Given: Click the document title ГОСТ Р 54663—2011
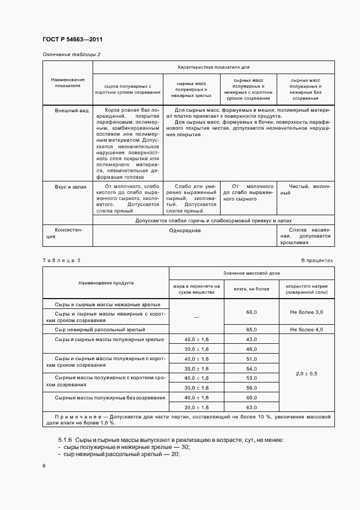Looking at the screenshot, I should [72, 40].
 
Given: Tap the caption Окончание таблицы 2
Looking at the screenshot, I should [71, 54].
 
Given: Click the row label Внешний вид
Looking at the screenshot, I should [71, 110].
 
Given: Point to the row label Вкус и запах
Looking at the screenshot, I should [70, 187].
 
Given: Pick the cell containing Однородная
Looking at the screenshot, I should [185, 230].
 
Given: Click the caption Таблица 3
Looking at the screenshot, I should [61, 260].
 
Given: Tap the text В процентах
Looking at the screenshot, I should [317, 260].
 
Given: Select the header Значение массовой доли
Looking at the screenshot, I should [251, 272].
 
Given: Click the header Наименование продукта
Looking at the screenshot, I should [106, 283].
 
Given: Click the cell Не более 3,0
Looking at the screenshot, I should [307, 312].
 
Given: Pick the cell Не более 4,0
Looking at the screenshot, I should [307, 330].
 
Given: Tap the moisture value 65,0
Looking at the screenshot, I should [251, 330].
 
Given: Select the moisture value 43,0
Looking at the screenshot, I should [251, 339].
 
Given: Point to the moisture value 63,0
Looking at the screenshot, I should [251, 407].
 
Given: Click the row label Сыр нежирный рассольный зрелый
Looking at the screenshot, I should [99, 330].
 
